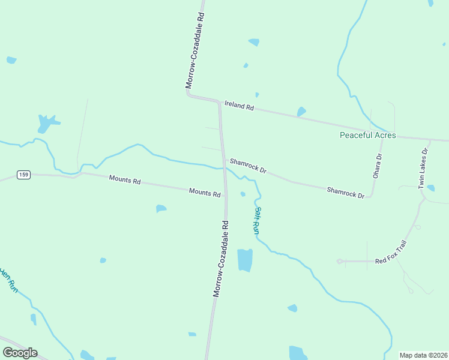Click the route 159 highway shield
tap(23, 175)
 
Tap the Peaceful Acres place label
tap(368, 136)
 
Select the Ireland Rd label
tap(240, 105)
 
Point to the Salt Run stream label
tap(256, 220)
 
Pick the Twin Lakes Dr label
tap(423, 169)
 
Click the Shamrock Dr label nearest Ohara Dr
tap(346, 193)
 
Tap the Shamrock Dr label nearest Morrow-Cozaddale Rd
tap(247, 166)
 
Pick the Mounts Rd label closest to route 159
tap(124, 179)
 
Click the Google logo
tap(20, 353)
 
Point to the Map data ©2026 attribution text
tap(423, 355)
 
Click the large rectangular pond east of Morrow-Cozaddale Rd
tap(245, 260)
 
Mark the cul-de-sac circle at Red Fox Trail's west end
tap(340, 261)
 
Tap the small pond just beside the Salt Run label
tap(243, 194)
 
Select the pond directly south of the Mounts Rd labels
tap(161, 209)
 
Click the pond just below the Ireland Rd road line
tap(301, 112)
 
